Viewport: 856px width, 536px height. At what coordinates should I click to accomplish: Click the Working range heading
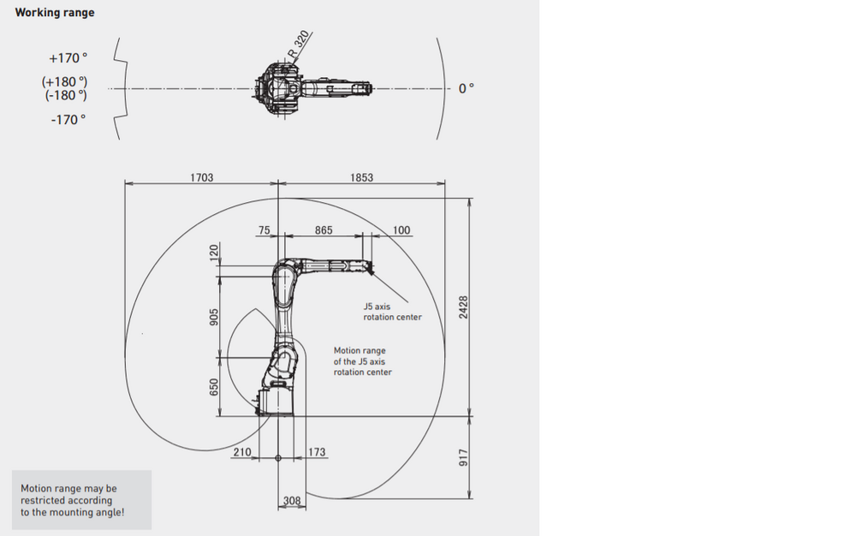55,13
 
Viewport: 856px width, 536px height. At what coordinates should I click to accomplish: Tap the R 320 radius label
299,45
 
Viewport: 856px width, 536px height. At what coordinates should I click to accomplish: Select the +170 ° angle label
68,58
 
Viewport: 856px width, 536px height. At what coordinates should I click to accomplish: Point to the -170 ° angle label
68,120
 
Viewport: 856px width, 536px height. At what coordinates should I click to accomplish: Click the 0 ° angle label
467,88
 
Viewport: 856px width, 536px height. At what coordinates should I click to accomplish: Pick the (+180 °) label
64,82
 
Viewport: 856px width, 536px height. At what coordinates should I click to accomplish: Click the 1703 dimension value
201,177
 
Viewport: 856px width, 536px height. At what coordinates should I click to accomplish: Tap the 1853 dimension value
361,177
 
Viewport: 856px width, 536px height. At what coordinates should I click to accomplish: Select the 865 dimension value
324,230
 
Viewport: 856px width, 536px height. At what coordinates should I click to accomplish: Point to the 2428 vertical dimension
463,307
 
